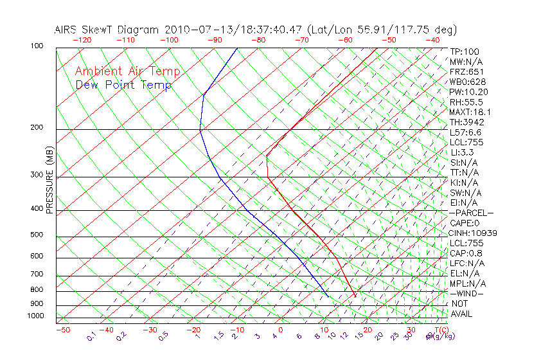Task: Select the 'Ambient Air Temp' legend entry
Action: click(127, 71)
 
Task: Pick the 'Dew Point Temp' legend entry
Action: click(123, 85)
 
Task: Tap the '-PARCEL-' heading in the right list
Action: click(472, 213)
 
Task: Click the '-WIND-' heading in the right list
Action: click(466, 293)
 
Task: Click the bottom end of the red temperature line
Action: click(355, 296)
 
